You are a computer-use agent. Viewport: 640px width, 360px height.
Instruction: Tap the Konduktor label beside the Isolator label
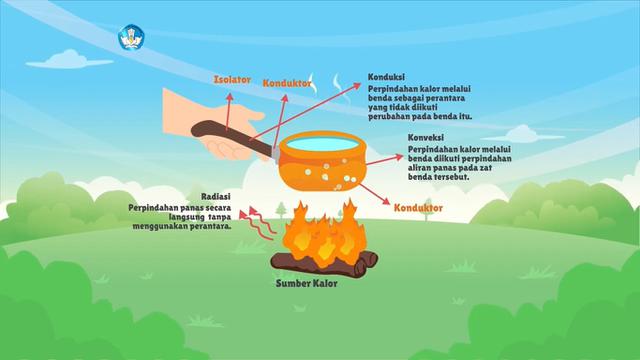pos(287,83)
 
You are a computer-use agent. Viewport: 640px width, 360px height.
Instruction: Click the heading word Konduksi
pos(386,76)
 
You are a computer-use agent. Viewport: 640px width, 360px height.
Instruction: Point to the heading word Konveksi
pos(427,138)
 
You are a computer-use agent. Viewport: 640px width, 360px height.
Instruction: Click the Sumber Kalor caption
pos(306,283)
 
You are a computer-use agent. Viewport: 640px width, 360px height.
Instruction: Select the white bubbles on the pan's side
pos(346,176)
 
